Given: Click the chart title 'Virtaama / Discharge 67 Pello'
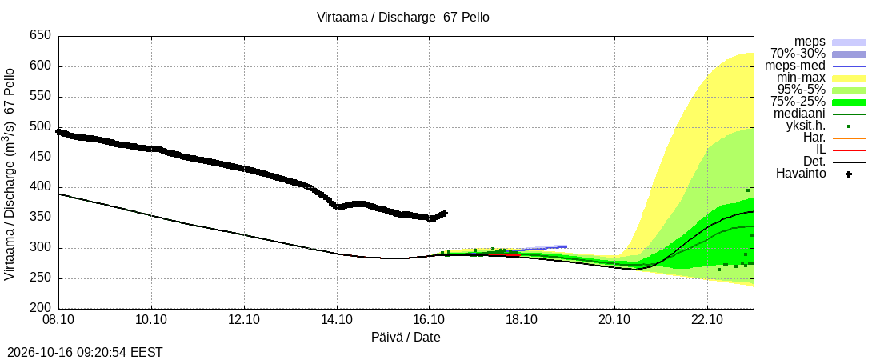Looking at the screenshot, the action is tap(403, 18).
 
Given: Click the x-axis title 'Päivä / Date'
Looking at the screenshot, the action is tap(406, 338).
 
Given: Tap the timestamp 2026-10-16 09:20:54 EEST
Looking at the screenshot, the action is tap(82, 353).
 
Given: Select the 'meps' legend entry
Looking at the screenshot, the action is tap(810, 42).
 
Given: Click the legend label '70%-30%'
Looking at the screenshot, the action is tap(798, 54).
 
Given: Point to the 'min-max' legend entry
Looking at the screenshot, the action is tap(801, 78).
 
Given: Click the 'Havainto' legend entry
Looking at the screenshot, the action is tap(801, 174).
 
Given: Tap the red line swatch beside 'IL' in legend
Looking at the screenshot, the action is tap(849, 150).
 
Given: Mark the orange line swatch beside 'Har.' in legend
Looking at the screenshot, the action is tap(849, 138).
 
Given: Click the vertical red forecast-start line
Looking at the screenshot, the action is tap(446, 173).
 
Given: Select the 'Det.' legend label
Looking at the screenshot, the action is tap(814, 162).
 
